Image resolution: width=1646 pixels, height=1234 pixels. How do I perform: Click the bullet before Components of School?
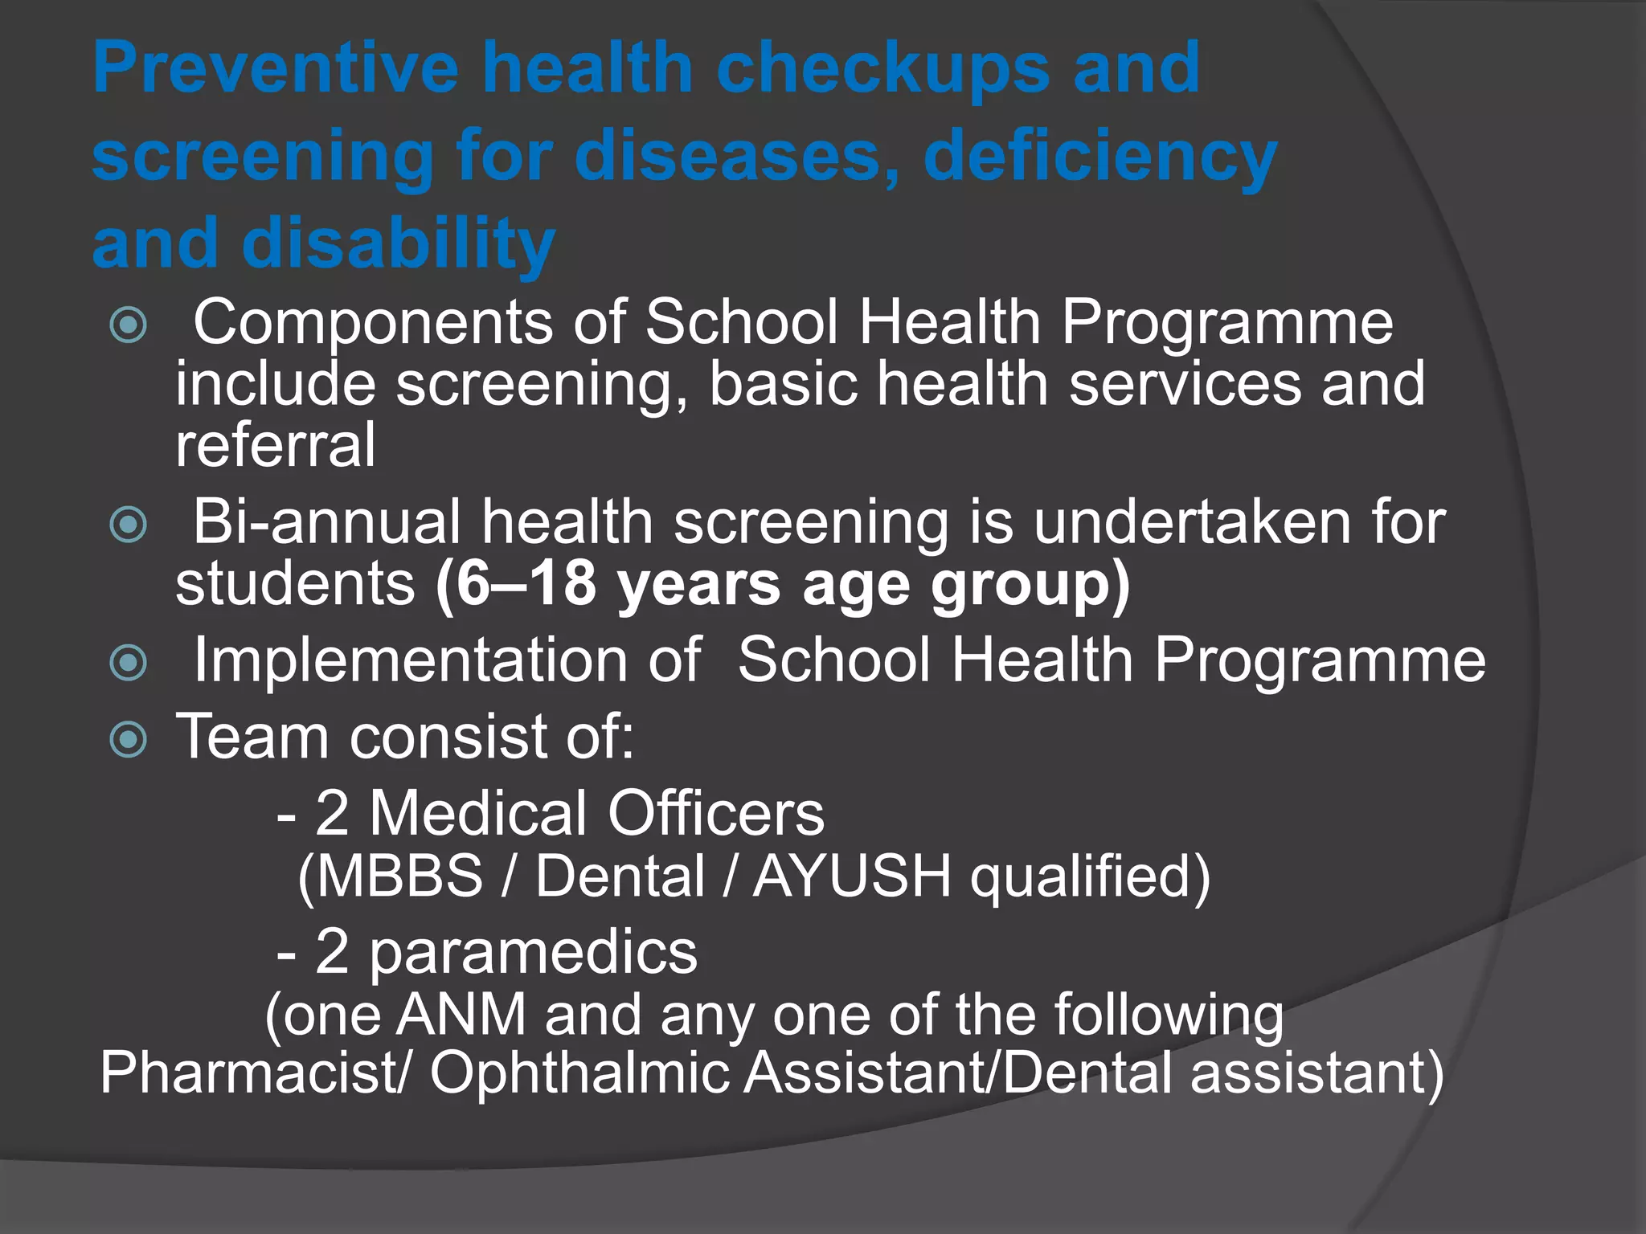(129, 325)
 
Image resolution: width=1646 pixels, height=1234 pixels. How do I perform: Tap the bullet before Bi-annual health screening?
(129, 525)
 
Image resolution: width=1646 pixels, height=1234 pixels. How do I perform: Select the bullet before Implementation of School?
(129, 663)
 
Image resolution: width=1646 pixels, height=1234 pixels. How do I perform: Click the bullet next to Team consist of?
(129, 739)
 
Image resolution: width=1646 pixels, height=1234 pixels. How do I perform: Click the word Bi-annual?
(326, 522)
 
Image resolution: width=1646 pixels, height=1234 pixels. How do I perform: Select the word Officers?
(715, 813)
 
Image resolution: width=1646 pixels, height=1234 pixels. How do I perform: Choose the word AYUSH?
(852, 876)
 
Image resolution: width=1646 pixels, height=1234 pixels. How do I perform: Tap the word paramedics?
(533, 952)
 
